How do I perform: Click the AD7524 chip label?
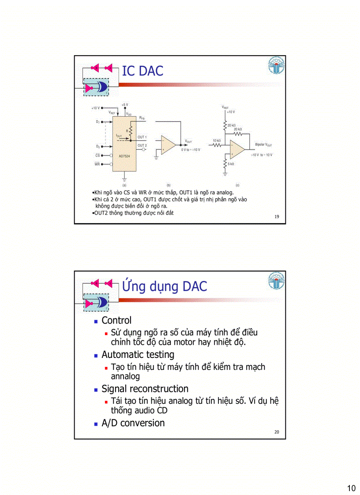(124, 156)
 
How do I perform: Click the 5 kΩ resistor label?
(231, 164)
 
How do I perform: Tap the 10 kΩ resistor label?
(217, 141)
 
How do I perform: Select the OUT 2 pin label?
(142, 145)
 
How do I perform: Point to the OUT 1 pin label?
(142, 137)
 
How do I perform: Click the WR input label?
(97, 164)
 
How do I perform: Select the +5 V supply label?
(125, 105)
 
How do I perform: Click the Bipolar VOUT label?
(263, 145)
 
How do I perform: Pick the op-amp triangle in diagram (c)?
(237, 149)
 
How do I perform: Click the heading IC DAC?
(142, 71)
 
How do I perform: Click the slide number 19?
(277, 216)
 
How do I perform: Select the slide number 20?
(277, 432)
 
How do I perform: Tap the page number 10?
(351, 488)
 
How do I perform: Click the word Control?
(116, 320)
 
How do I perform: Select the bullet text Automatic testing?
(138, 354)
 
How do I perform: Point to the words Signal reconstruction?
(145, 389)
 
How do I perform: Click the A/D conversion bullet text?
(133, 423)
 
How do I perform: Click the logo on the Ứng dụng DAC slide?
(276, 281)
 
